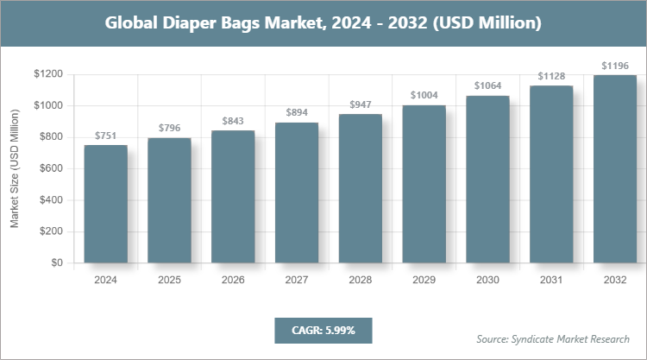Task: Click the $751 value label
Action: [x=105, y=136]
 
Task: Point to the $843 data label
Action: [x=233, y=121]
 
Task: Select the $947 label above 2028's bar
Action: [x=360, y=104]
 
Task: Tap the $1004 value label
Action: [x=424, y=96]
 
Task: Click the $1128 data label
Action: [x=551, y=76]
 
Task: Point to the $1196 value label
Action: [x=614, y=66]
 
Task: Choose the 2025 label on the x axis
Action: [x=169, y=280]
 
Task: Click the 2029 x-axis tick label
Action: [x=424, y=280]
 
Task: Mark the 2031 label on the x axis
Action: [x=551, y=280]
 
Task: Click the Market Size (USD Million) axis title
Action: [x=15, y=168]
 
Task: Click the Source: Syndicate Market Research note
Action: [x=552, y=338]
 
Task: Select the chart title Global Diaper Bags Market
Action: [x=323, y=23]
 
